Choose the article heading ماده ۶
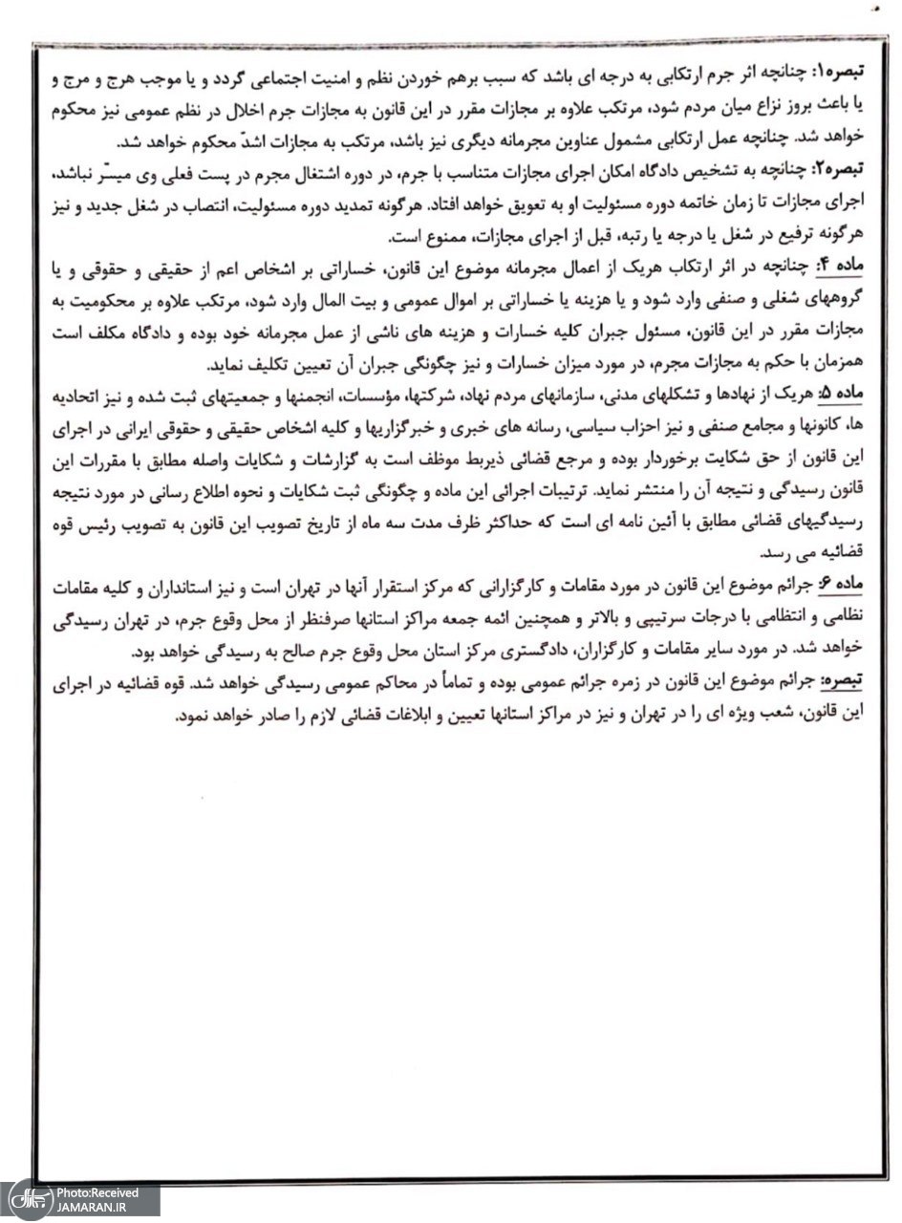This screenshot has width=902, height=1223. pyautogui.click(x=848, y=583)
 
